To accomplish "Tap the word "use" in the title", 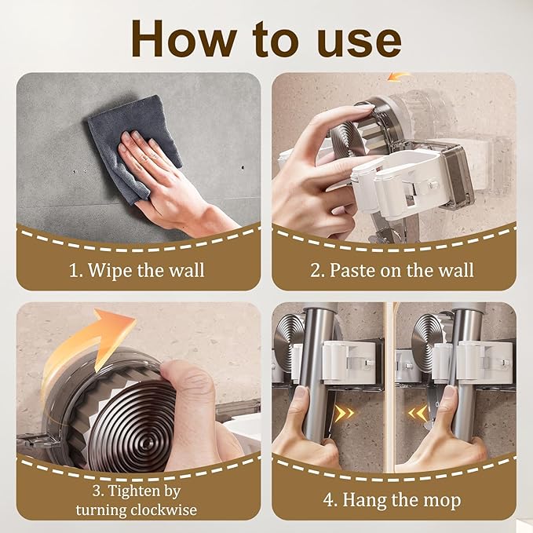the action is [358, 42].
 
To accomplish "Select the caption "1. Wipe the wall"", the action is [137, 270].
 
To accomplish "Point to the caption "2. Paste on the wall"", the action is [392, 270].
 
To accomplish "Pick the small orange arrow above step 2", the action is [399, 76].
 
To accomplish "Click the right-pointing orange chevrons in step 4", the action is [345, 414].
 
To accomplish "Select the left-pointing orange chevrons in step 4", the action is [418, 413].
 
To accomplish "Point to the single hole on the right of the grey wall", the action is [243, 167].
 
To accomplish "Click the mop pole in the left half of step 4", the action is [317, 374].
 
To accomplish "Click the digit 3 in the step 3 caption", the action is [97, 491].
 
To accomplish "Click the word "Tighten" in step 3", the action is [134, 491].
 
